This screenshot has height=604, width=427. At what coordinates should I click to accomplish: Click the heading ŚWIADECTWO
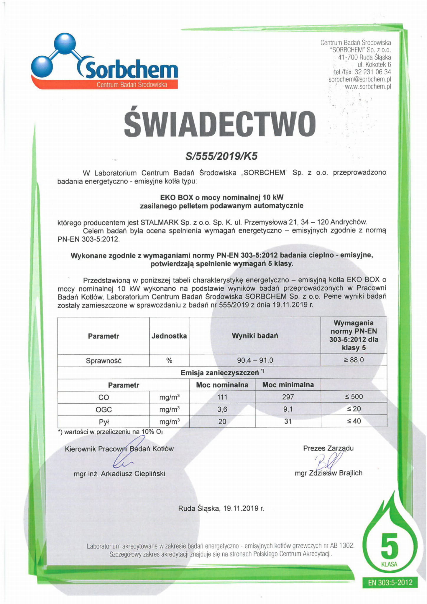coord(220,124)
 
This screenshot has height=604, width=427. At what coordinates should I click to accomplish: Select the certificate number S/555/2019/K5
coord(221,156)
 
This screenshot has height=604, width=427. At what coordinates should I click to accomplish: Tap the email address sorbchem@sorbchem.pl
coord(359,79)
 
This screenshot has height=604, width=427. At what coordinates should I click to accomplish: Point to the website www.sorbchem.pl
coord(368,87)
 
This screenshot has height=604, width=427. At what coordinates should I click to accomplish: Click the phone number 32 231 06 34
coord(373,72)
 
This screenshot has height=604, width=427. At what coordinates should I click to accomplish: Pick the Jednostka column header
coord(169,336)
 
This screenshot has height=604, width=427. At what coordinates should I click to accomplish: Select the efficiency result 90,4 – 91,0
coord(255,360)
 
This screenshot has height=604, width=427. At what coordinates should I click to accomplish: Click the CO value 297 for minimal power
coord(288,397)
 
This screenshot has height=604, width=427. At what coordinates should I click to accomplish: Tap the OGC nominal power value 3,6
coord(222,409)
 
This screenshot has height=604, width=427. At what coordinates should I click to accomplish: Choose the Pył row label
coord(104,422)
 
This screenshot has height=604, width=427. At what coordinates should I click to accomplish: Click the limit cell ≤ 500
coord(354,397)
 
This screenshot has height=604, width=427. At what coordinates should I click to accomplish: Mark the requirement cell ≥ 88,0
coord(354,360)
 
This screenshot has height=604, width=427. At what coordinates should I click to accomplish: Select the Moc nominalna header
coord(222,385)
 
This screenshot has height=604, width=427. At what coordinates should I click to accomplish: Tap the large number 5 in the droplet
coord(389,545)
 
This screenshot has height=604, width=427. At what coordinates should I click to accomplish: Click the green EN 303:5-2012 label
coord(390,582)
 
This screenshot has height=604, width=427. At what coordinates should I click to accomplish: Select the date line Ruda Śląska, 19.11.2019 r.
coord(221,508)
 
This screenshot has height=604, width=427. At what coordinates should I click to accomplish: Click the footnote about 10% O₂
coord(111,432)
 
